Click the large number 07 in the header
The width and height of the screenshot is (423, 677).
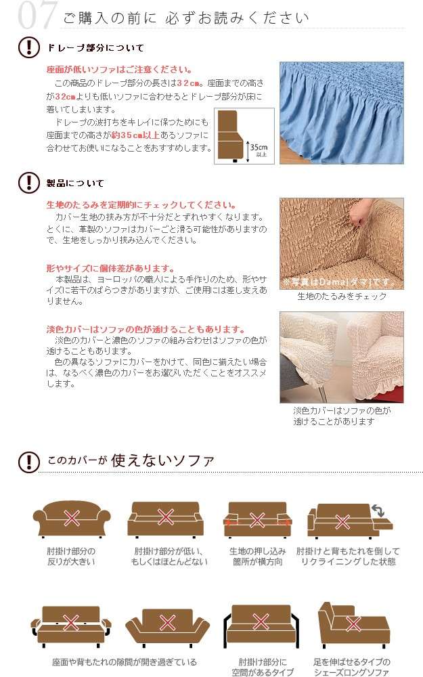point(37,15)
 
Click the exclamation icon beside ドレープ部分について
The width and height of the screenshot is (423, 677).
point(29,47)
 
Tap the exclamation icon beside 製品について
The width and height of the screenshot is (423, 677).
point(29,182)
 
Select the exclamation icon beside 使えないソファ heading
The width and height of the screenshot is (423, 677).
point(29,462)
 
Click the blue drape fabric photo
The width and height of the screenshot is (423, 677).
point(341,112)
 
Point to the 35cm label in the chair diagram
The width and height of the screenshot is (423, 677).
point(259,147)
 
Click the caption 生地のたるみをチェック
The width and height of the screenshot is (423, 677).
point(342,297)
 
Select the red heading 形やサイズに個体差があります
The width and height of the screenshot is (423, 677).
point(110,268)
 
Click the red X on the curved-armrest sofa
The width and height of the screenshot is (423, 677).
point(71,518)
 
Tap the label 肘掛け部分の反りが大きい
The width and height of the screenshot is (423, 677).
point(71,556)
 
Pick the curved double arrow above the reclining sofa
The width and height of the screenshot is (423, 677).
point(378,510)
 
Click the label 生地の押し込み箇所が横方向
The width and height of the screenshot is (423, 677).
point(258,556)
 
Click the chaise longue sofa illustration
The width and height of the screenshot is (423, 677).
point(353,625)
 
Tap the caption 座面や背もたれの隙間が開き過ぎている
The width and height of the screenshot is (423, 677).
point(125,662)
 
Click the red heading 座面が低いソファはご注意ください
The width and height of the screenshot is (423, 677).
point(119,70)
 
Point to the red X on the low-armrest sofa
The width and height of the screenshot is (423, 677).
point(166,517)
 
